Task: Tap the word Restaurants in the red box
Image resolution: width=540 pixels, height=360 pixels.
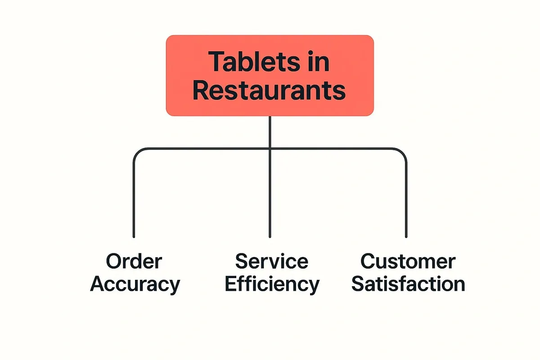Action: (x=269, y=90)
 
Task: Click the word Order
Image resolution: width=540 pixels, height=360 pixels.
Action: (x=134, y=261)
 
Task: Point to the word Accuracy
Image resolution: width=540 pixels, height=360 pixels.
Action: (x=135, y=285)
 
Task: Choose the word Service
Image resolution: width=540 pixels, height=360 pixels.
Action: (x=272, y=261)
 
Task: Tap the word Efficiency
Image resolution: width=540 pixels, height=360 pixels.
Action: (x=272, y=284)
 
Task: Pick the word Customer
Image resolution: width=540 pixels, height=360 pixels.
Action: (x=408, y=261)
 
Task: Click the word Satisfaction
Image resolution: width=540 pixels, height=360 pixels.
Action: (x=408, y=284)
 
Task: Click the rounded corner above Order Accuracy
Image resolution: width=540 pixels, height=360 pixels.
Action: (x=137, y=153)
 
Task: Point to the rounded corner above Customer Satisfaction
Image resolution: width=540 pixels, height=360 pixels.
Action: (x=403, y=153)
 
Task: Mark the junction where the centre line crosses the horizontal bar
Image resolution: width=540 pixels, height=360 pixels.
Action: (x=270, y=149)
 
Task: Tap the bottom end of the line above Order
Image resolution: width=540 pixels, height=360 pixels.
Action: (x=134, y=237)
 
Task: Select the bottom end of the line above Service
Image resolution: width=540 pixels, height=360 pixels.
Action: (x=270, y=237)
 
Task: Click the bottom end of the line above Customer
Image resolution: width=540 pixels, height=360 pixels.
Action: (x=406, y=237)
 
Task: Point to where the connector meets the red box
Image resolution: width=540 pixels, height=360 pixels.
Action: (x=270, y=116)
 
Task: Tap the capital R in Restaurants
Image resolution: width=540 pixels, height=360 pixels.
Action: (x=201, y=90)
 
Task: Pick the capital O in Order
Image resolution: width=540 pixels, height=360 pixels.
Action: (x=114, y=261)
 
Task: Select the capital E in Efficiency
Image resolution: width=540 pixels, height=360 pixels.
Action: (x=231, y=283)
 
